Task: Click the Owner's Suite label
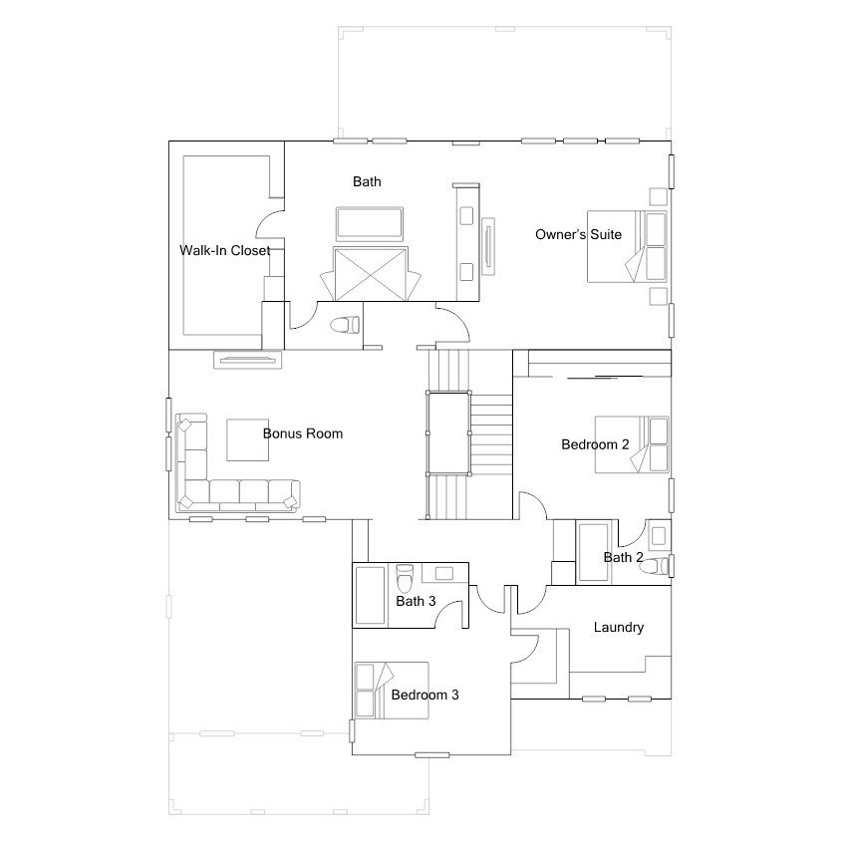pyautogui.click(x=578, y=235)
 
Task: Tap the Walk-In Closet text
pyautogui.click(x=224, y=250)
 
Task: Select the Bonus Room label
pyautogui.click(x=303, y=433)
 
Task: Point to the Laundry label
pyautogui.click(x=619, y=627)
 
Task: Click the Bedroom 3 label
pyautogui.click(x=424, y=695)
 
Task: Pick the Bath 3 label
pyautogui.click(x=416, y=601)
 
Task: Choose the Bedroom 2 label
pyautogui.click(x=595, y=444)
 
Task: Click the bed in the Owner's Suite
pyautogui.click(x=627, y=246)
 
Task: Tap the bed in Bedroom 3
pyautogui.click(x=392, y=691)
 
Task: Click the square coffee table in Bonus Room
pyautogui.click(x=248, y=440)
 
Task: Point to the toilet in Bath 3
pyautogui.click(x=405, y=577)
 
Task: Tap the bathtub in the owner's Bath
pyautogui.click(x=370, y=224)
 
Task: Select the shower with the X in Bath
pyautogui.click(x=370, y=274)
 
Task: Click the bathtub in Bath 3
pyautogui.click(x=370, y=595)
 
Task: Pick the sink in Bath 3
pyautogui.click(x=444, y=573)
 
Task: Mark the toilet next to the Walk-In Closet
pyautogui.click(x=345, y=325)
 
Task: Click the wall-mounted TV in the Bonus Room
pyautogui.click(x=248, y=360)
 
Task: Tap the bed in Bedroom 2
pyautogui.click(x=632, y=444)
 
